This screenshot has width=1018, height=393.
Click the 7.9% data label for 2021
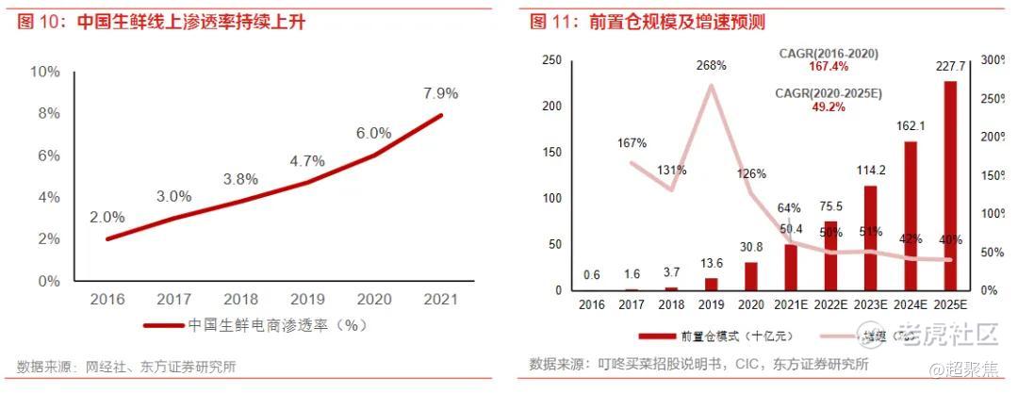[x=440, y=93]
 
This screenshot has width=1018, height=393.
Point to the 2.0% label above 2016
[x=107, y=217]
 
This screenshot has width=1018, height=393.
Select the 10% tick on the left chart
[x=45, y=72]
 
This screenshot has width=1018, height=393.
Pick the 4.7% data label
[x=307, y=161]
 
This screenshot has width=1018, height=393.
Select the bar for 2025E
[x=950, y=185]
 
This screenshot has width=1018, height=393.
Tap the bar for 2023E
[x=870, y=237]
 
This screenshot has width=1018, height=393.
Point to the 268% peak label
[x=711, y=66]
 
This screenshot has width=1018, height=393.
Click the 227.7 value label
[x=949, y=67]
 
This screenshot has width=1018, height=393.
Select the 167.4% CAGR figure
[x=829, y=67]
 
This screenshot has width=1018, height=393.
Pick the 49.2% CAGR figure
[x=829, y=107]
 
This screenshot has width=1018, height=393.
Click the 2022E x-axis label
[x=829, y=304]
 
